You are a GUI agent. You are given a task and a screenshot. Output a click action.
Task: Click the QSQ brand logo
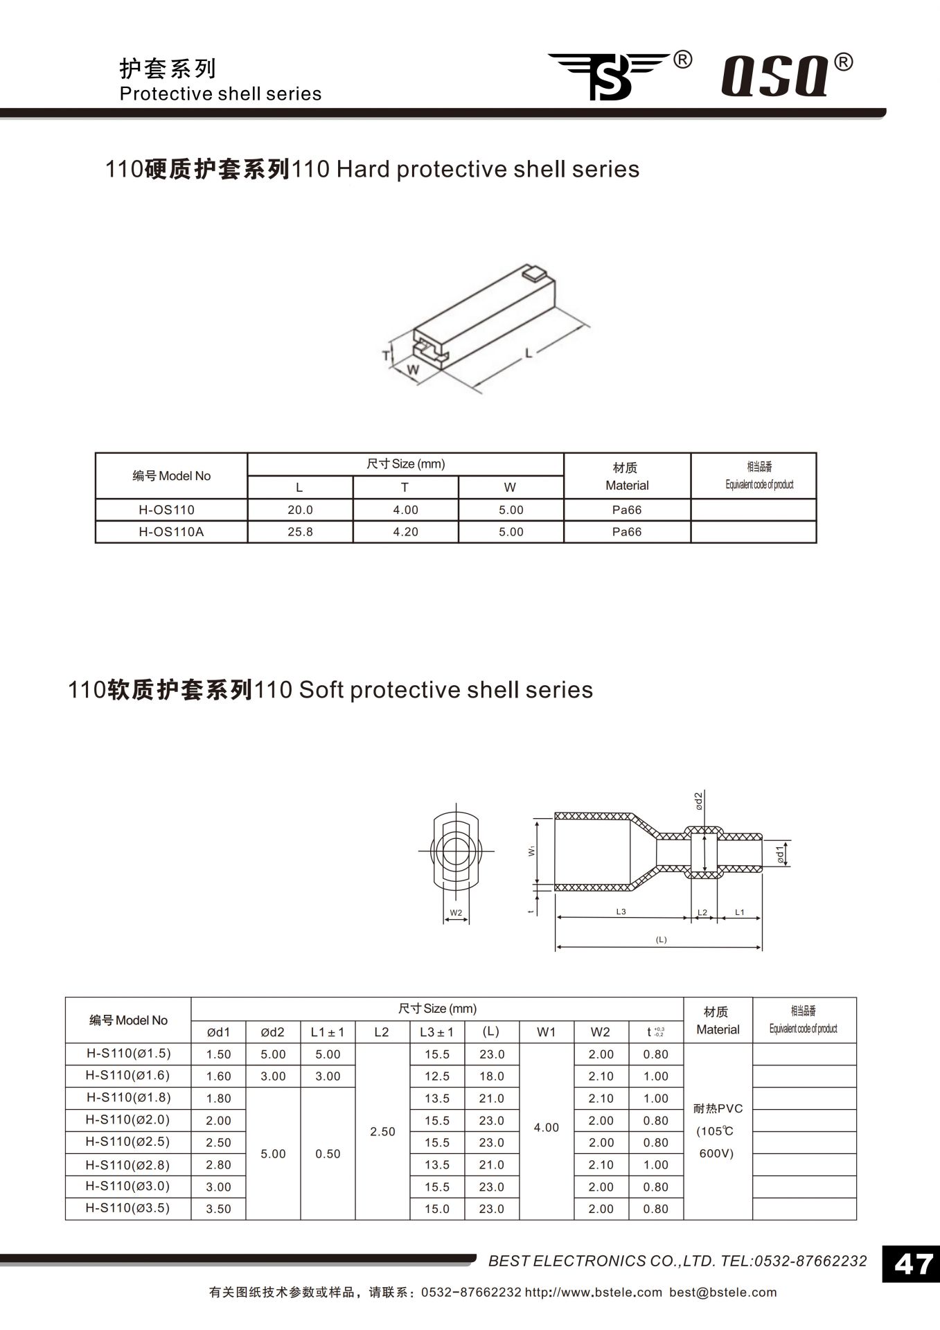coord(776,75)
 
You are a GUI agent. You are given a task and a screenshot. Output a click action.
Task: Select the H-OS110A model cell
coord(171,531)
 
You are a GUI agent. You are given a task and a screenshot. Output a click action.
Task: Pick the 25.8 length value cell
coord(300,531)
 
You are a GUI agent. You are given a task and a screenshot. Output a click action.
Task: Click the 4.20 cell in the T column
coord(405,531)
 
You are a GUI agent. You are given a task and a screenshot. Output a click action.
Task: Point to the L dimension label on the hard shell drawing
coord(529,353)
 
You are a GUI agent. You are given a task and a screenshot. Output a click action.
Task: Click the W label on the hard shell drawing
coord(413,370)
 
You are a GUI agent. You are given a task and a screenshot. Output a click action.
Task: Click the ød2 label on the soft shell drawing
coord(699,801)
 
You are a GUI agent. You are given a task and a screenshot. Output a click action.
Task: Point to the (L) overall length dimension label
coord(661,939)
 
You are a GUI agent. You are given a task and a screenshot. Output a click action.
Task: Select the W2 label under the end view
coord(456,913)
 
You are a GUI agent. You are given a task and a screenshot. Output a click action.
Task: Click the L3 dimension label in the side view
coord(621,912)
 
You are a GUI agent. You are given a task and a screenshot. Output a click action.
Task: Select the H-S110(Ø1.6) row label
coord(128,1075)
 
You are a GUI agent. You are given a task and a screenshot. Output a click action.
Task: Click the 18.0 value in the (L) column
coord(491,1076)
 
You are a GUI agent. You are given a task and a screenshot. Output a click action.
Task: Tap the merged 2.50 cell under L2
coord(382,1131)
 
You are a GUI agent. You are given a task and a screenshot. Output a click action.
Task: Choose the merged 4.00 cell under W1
coord(546,1127)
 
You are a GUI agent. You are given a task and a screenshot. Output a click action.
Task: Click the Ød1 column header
coord(218,1032)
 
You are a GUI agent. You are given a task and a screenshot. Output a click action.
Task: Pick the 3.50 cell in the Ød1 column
coord(218,1209)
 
